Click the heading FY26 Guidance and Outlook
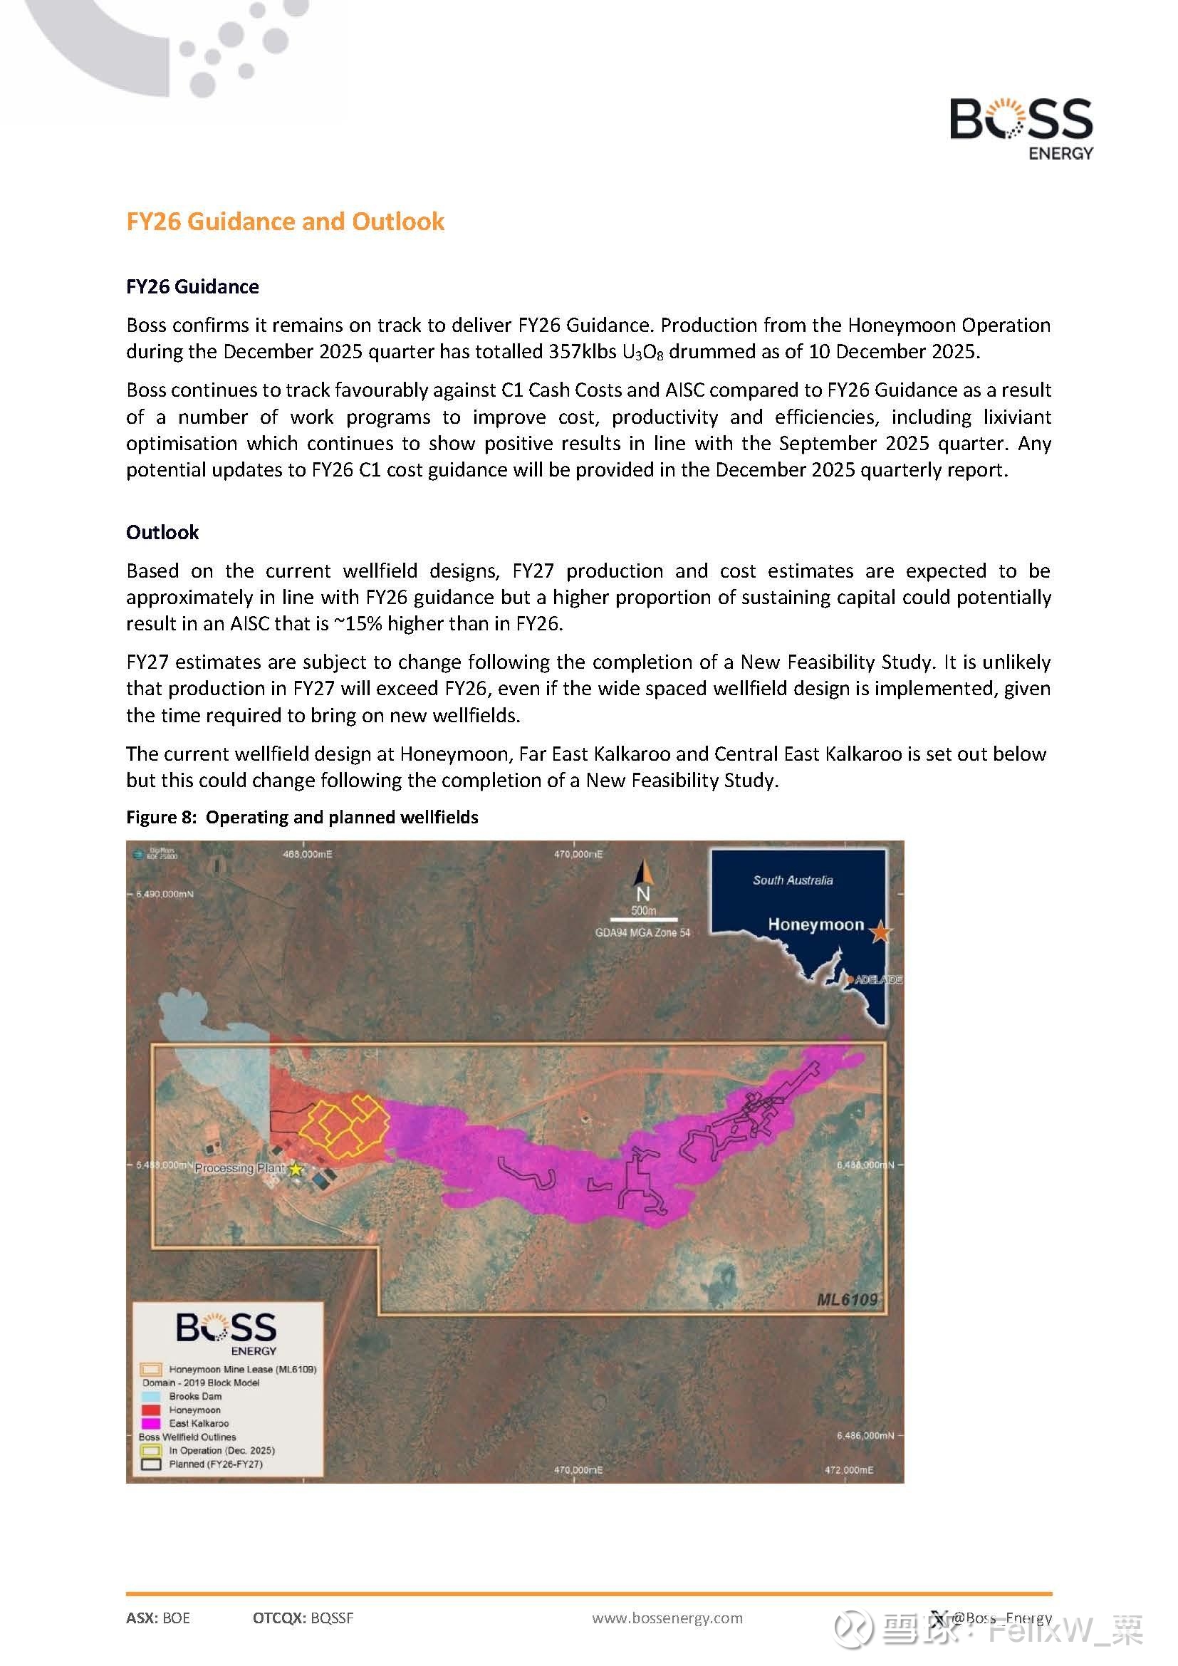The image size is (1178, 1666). pyautogui.click(x=285, y=222)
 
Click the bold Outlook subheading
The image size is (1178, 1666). pyautogui.click(x=162, y=532)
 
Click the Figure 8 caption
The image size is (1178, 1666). pyautogui.click(x=302, y=817)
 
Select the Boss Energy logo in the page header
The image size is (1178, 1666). pyautogui.click(x=1021, y=128)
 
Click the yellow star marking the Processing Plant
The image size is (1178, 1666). pyautogui.click(x=296, y=1169)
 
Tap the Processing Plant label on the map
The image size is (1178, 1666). pyautogui.click(x=239, y=1168)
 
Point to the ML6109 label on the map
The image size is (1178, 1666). pyautogui.click(x=847, y=1299)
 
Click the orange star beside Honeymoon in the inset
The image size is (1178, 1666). pyautogui.click(x=880, y=932)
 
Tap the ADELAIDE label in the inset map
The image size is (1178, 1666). pyautogui.click(x=877, y=979)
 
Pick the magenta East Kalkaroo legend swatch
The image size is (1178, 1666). pyautogui.click(x=151, y=1423)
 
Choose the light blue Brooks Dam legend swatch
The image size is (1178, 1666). pyautogui.click(x=151, y=1396)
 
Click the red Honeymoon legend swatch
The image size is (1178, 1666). pyautogui.click(x=151, y=1410)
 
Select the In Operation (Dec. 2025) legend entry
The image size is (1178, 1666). pyautogui.click(x=221, y=1450)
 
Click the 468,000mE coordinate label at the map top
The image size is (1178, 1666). pyautogui.click(x=307, y=854)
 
